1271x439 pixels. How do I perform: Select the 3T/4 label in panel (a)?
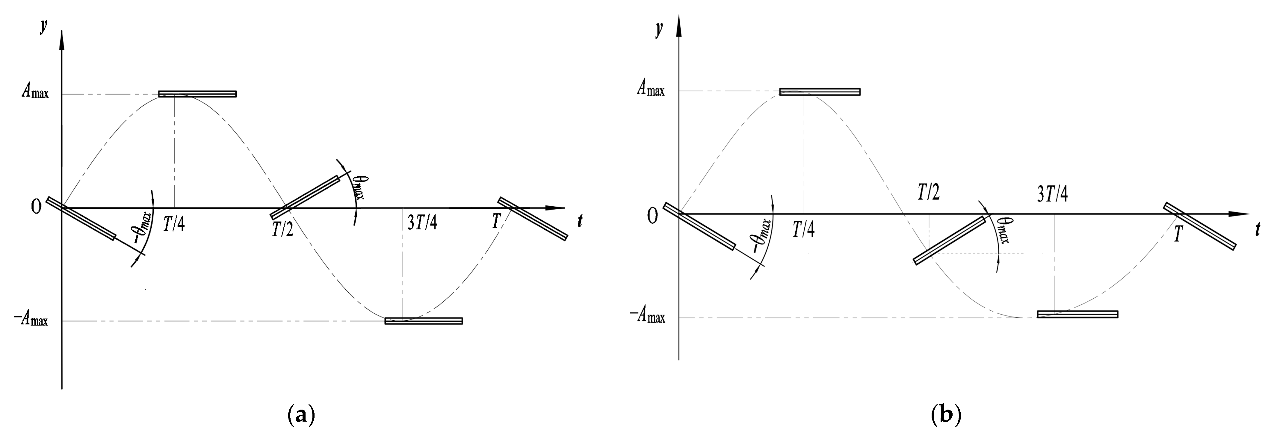[422, 223]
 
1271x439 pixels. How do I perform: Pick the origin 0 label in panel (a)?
[36, 208]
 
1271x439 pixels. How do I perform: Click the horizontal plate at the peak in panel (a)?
[197, 94]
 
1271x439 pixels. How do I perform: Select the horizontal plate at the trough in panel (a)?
[423, 321]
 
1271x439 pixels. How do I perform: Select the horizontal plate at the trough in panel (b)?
[1077, 314]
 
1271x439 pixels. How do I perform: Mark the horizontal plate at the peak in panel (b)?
[820, 92]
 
